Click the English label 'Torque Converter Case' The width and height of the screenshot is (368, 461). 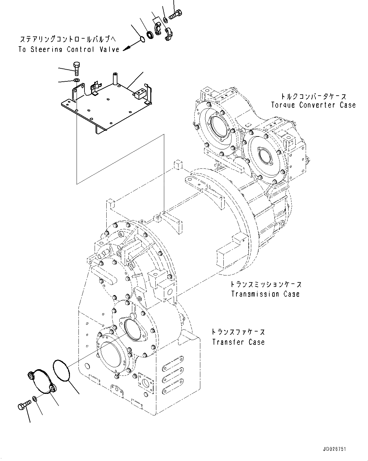point(313,105)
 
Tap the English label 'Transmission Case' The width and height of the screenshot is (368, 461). point(265,294)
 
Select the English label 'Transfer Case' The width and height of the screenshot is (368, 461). point(238,342)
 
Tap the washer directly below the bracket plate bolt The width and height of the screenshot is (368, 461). point(76,80)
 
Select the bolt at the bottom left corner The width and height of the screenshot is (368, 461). point(24,404)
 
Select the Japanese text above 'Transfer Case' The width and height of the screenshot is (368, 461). point(238,332)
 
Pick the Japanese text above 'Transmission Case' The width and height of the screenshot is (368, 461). point(265,284)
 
